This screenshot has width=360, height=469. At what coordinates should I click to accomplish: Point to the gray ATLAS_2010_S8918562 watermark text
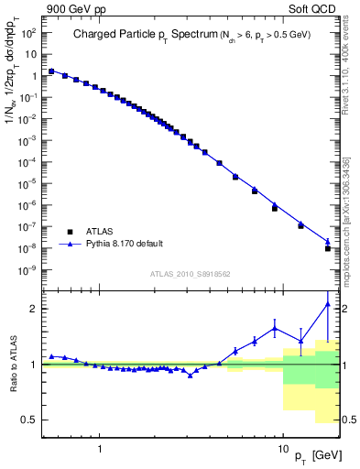[191, 274]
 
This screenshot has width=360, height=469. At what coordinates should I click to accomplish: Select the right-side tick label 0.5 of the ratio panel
[350, 420]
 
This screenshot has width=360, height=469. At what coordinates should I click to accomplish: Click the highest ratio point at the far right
[328, 303]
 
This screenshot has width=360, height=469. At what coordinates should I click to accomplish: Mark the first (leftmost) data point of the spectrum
[51, 71]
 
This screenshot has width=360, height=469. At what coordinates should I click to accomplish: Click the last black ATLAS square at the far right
[328, 248]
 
